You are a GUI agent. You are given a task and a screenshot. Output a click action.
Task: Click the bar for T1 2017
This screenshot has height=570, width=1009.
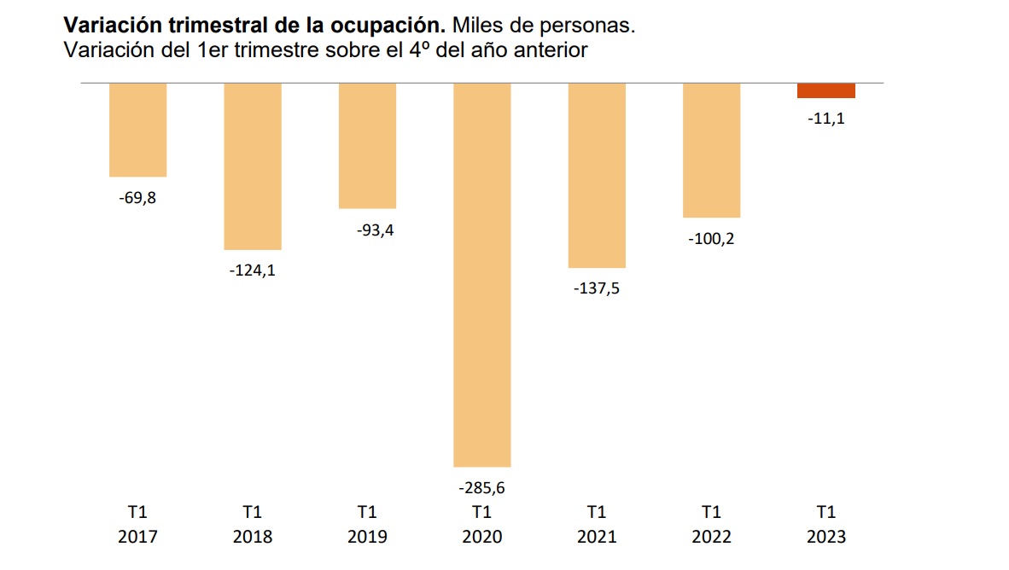[137, 130]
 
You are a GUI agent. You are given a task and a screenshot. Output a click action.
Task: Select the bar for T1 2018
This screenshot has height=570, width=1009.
[253, 166]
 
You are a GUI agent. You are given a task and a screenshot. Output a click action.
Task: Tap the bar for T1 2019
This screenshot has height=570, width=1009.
[367, 146]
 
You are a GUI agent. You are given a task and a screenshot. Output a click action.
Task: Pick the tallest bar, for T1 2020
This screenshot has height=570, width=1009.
[481, 275]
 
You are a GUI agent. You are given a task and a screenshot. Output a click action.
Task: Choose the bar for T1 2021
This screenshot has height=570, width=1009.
[597, 176]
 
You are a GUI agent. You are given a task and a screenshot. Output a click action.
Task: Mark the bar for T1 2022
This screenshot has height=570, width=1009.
[711, 150]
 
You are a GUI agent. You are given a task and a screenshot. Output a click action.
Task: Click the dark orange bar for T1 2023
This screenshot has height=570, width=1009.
[825, 90]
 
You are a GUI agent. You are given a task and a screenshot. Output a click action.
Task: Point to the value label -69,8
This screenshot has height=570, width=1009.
[137, 199]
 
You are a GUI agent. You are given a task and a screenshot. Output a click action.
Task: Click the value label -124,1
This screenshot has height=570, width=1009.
[253, 271]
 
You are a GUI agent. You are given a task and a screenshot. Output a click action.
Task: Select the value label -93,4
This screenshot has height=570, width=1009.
[367, 230]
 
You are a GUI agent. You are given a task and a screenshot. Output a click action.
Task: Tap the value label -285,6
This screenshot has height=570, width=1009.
[481, 488]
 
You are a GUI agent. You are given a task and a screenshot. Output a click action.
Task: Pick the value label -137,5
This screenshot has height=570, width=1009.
[597, 289]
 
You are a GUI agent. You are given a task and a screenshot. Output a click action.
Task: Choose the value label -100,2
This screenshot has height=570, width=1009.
[711, 239]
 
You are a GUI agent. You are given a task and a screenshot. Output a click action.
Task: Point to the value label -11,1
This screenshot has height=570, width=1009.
[825, 119]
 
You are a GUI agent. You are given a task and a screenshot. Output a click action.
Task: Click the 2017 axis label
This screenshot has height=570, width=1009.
[137, 537]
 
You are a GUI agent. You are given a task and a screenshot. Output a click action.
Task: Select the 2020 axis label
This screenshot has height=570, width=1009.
[481, 537]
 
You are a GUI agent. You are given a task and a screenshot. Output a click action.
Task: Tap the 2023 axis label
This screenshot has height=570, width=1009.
[825, 537]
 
